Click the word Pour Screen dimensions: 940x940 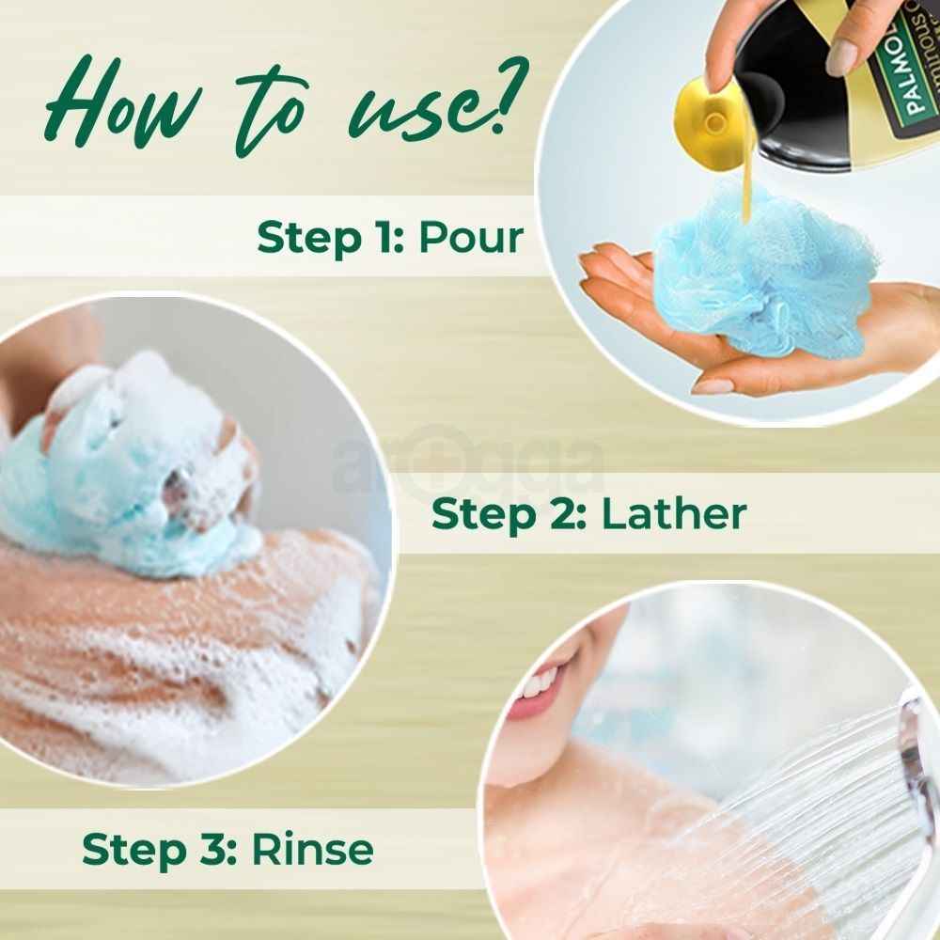pos(470,238)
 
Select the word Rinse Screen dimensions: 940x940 pos(312,849)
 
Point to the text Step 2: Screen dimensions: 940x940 pos(508,513)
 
